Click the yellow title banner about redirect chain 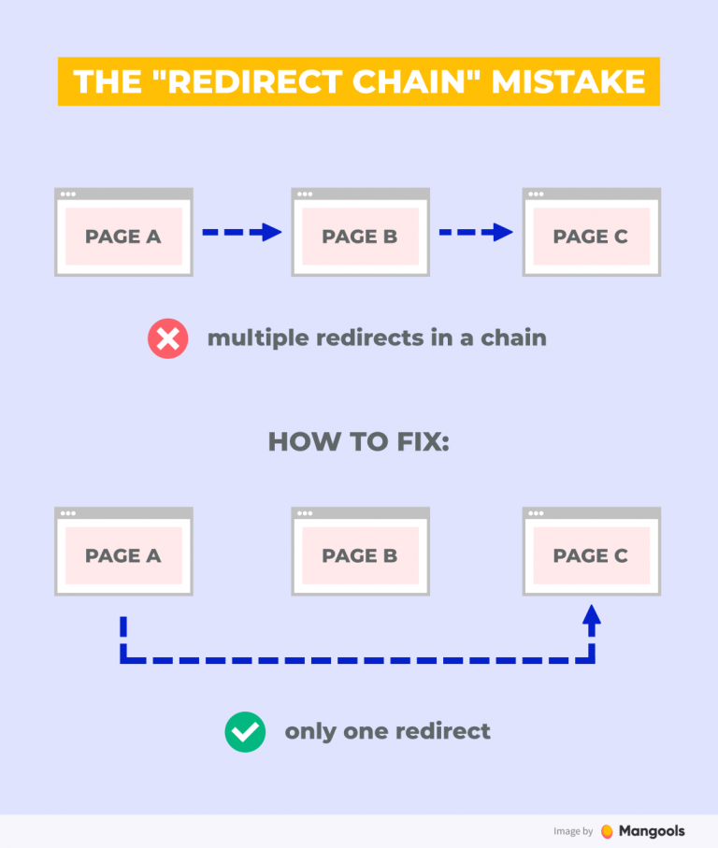coord(358,81)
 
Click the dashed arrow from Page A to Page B coord(242,232)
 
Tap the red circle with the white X coord(168,338)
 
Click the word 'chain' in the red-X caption coord(513,338)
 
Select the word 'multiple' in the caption coord(256,338)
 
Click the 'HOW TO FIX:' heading coord(359,441)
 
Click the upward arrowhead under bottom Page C coord(591,614)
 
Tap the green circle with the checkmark coord(245,732)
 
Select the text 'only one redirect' coord(387,731)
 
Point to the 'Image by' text coord(573,831)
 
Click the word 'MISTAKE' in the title coord(568,81)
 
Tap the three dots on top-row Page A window coord(67,194)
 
